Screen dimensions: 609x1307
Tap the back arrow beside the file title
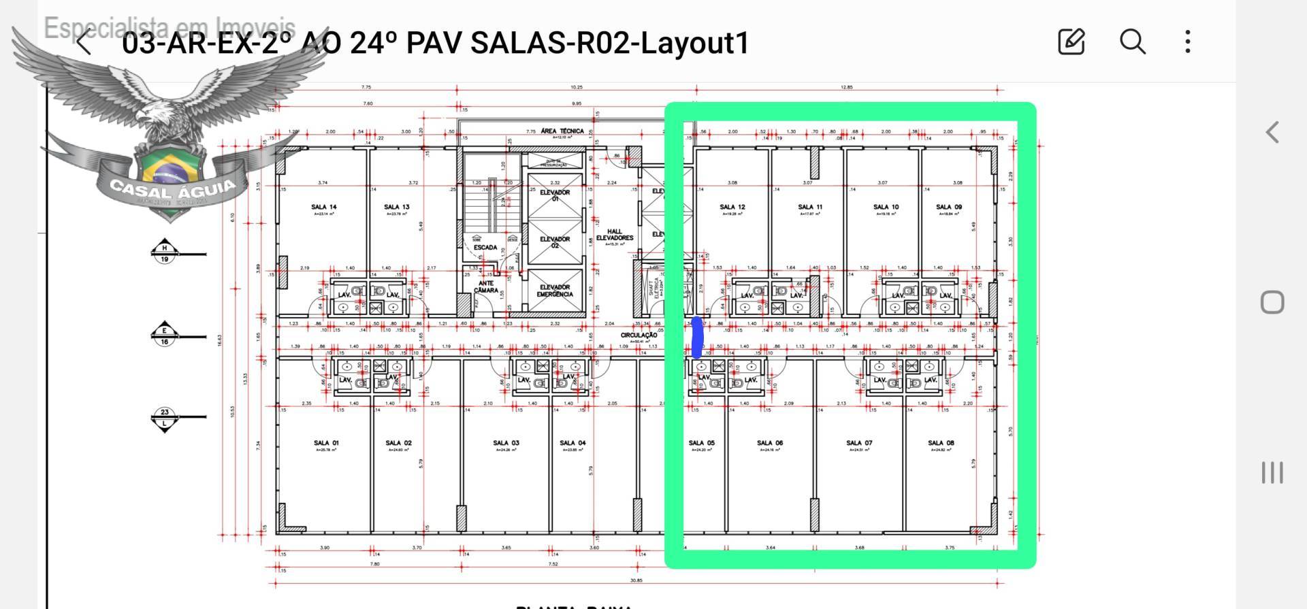tap(84, 42)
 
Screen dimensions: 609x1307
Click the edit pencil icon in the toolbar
tap(1071, 42)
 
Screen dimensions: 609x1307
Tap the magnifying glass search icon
tap(1132, 42)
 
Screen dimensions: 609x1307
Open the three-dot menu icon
tap(1188, 42)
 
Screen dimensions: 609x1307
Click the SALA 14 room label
tap(324, 207)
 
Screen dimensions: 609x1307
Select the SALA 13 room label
tap(397, 207)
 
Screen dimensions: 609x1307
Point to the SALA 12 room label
tap(732, 207)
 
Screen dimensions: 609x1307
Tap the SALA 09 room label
tap(949, 207)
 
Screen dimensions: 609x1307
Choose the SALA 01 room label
tap(325, 443)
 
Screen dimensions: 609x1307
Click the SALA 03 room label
tap(506, 443)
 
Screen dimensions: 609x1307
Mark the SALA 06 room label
tap(770, 443)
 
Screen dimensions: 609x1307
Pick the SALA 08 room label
tap(941, 443)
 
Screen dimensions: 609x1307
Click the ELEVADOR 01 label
tap(555, 195)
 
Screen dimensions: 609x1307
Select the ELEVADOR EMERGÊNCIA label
tap(555, 291)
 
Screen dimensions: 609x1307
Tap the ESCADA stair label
tap(485, 247)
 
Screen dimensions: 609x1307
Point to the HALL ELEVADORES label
tap(615, 235)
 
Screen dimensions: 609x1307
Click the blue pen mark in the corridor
tap(697, 338)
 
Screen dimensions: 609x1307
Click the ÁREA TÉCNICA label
tap(562, 131)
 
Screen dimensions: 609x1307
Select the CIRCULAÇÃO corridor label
tap(639, 335)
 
